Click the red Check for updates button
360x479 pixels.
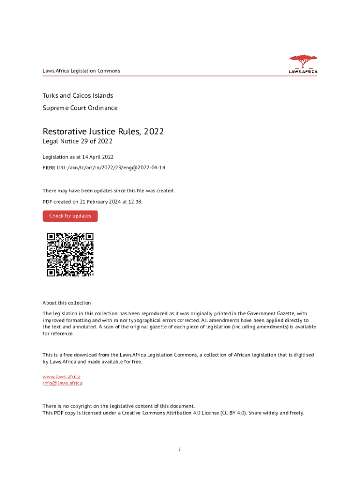(x=70, y=216)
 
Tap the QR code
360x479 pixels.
(x=70, y=254)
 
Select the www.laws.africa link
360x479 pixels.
(x=61, y=377)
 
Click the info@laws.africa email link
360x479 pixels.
(x=63, y=383)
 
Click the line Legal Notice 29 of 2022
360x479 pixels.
(x=78, y=141)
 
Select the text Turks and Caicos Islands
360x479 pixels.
(x=78, y=95)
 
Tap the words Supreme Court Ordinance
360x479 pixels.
(x=80, y=108)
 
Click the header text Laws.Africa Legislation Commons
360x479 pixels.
(x=81, y=71)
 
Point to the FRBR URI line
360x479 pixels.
(x=104, y=168)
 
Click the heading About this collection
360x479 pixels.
(x=67, y=303)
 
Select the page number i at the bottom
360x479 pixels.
(x=180, y=450)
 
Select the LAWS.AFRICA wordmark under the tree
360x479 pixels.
(x=303, y=72)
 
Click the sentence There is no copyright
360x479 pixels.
(x=119, y=406)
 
